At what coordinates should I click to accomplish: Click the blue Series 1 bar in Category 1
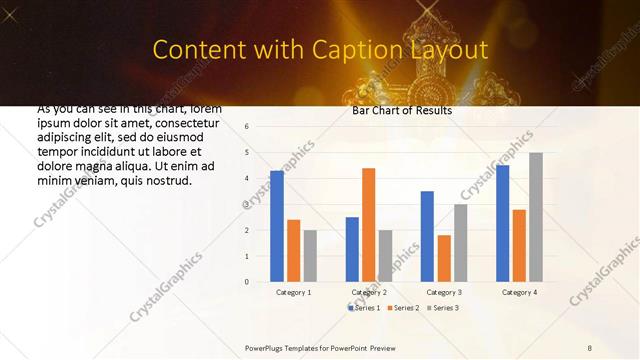pyautogui.click(x=277, y=226)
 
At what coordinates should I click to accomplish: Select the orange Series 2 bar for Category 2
pyautogui.click(x=368, y=225)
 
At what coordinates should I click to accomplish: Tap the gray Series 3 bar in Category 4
pyautogui.click(x=536, y=217)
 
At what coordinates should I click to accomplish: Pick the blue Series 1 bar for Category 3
pyautogui.click(x=427, y=236)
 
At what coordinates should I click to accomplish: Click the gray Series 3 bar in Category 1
pyautogui.click(x=310, y=256)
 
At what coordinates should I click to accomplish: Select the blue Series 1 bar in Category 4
pyautogui.click(x=502, y=223)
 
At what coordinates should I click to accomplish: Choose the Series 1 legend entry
pyautogui.click(x=364, y=307)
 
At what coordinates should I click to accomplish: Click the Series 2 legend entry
pyautogui.click(x=403, y=307)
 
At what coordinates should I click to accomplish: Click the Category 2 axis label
pyautogui.click(x=369, y=292)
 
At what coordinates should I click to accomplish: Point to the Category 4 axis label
pyautogui.click(x=519, y=292)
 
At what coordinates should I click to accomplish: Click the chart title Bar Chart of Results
pyautogui.click(x=402, y=110)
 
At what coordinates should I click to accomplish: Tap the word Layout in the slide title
pyautogui.click(x=451, y=50)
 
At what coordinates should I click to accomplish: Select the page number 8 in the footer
pyautogui.click(x=590, y=347)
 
